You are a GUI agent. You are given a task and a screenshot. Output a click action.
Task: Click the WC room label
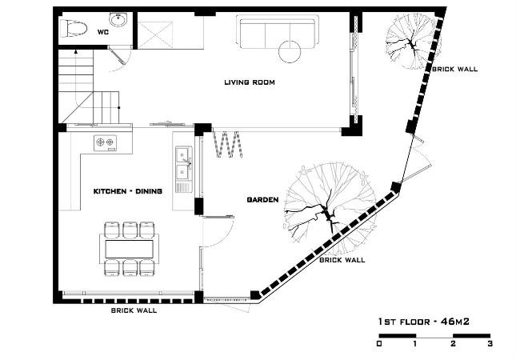102,32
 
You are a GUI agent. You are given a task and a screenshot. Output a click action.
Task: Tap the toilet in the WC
74,29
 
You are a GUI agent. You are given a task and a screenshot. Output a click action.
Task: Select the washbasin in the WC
118,20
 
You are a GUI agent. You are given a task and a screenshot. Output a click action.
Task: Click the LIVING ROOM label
250,82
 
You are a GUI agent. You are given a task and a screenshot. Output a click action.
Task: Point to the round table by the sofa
290,51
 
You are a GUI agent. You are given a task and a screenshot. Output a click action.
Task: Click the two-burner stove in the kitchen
105,143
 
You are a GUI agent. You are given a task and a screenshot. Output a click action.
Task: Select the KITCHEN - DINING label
128,191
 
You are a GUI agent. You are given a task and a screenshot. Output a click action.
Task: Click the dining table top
129,249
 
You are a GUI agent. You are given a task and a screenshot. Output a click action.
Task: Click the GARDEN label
262,200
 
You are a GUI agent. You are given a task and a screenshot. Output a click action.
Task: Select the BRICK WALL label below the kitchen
134,310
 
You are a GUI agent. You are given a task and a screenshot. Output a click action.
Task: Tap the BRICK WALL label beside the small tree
454,69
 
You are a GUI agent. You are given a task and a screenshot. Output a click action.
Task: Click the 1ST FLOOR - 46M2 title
424,322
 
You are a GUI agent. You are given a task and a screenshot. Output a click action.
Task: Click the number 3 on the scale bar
490,344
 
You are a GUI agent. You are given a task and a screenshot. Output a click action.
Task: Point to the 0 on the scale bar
379,344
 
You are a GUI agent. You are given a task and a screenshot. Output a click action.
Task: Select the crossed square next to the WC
155,35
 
